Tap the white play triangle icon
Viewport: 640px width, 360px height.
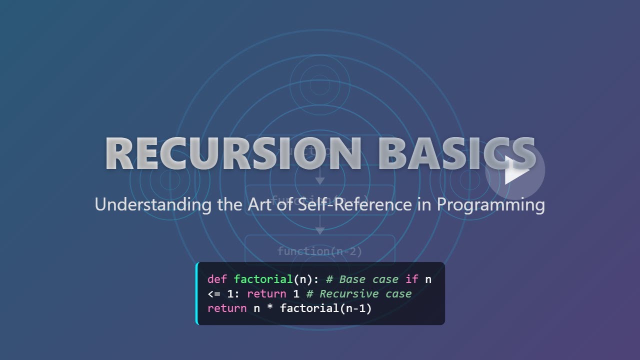tap(515, 170)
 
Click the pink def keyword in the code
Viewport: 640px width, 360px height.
tap(217, 279)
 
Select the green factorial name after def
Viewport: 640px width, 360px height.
tap(263, 279)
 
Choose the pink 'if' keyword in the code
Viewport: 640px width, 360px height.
tap(411, 279)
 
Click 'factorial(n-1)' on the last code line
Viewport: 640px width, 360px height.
tap(326, 308)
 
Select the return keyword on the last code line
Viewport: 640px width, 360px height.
tap(227, 308)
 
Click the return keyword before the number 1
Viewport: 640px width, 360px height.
tap(266, 294)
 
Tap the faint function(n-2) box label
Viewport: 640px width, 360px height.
tap(319, 251)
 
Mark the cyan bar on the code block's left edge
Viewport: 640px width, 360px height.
tap(197, 293)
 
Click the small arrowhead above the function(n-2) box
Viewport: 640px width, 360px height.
tap(320, 231)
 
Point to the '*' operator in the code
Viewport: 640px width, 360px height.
tap(270, 309)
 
